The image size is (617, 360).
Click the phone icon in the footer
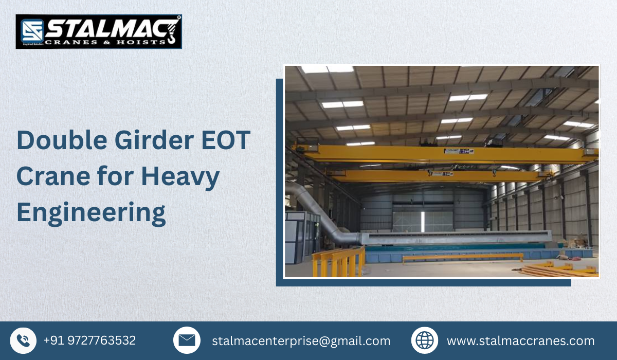click(x=23, y=340)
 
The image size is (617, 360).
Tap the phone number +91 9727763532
click(x=89, y=340)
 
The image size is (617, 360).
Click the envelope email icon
click(x=187, y=340)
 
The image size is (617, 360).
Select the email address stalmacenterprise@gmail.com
click(x=301, y=340)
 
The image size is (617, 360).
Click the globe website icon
click(x=425, y=340)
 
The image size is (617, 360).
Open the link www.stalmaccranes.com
click(x=520, y=340)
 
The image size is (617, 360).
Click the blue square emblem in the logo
click(x=31, y=31)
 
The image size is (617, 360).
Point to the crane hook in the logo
click(x=172, y=31)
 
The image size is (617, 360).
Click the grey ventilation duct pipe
click(x=314, y=211)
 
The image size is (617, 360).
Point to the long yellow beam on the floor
click(x=463, y=256)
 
